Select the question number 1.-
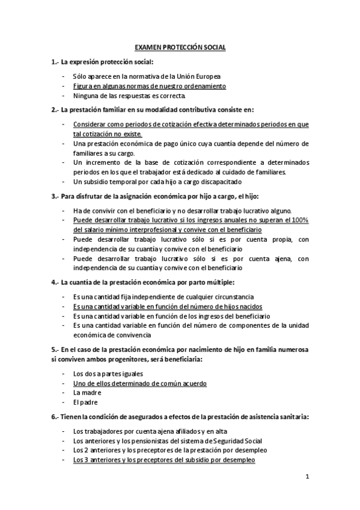pyautogui.click(x=55, y=62)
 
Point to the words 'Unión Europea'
pyautogui.click(x=201, y=77)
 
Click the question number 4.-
pyautogui.click(x=55, y=281)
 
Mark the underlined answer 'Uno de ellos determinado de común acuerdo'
pyautogui.click(x=139, y=382)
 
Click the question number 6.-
pyautogui.click(x=55, y=416)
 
